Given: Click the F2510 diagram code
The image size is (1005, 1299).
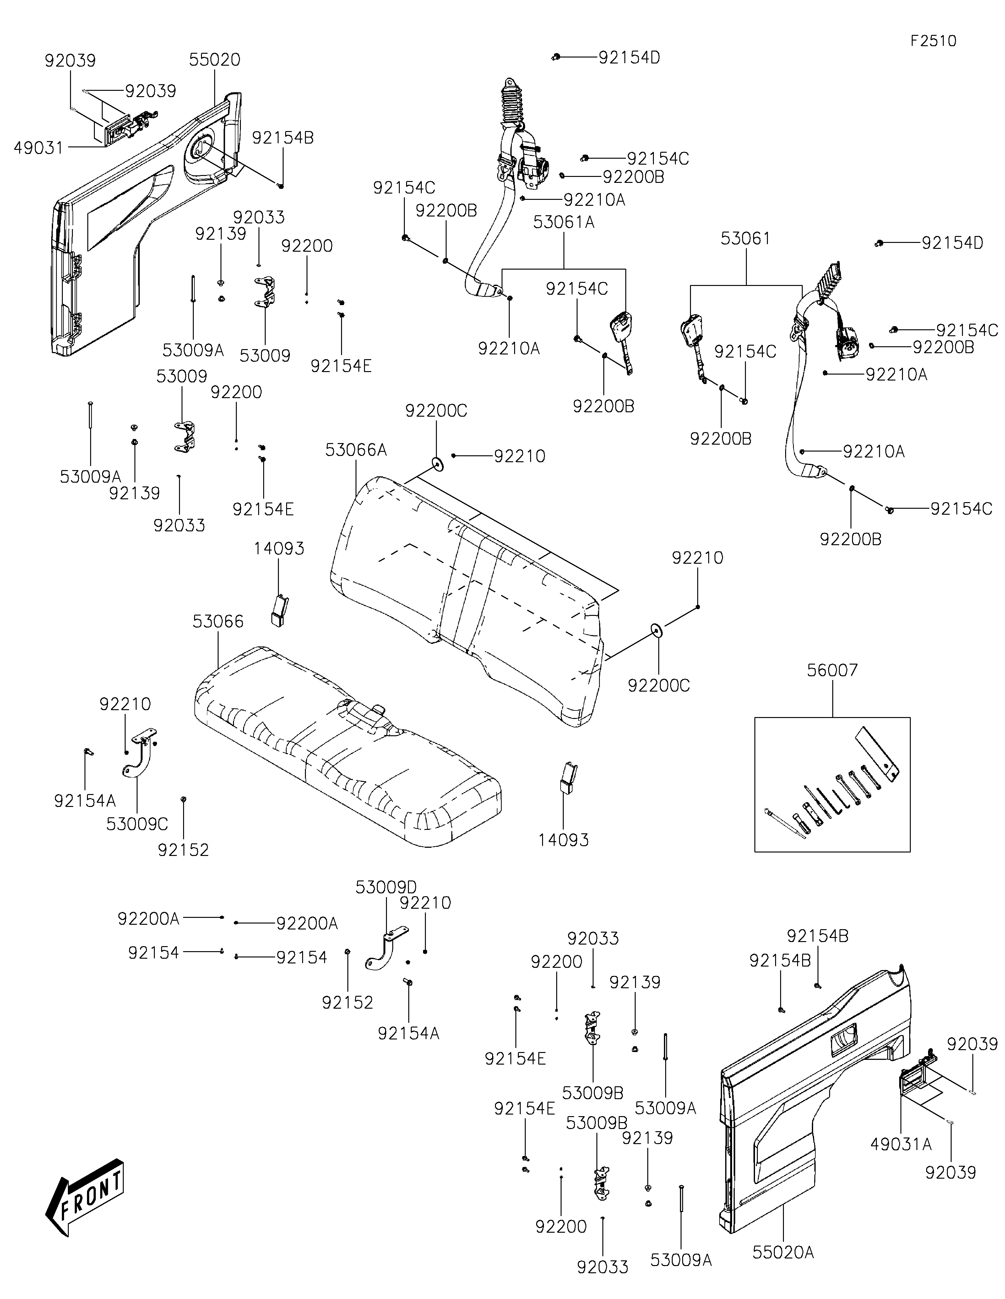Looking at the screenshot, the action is click(x=933, y=41).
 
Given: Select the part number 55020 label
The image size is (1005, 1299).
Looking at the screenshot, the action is click(x=215, y=59).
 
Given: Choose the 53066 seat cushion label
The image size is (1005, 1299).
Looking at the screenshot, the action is click(x=218, y=622).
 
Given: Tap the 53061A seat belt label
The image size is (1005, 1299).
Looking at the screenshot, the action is click(x=563, y=222).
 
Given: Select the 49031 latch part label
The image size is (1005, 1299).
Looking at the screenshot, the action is click(x=39, y=147).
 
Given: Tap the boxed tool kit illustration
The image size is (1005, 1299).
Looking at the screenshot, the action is click(x=832, y=785).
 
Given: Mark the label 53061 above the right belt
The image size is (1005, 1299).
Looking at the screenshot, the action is click(x=745, y=238).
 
